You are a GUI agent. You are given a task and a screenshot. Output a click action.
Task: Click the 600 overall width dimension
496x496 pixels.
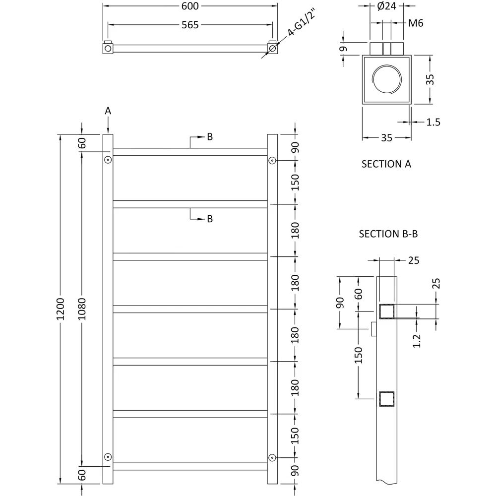coord(190,6)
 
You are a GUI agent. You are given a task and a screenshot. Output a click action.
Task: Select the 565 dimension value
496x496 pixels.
coord(190,25)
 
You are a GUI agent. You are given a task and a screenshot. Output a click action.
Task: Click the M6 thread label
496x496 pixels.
coord(415,23)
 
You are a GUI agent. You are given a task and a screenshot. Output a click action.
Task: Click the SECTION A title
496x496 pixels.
coord(386,164)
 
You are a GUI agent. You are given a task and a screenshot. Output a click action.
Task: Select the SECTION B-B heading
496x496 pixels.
coord(388,234)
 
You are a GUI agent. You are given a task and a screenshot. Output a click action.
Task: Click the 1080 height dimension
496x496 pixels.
coord(82,309)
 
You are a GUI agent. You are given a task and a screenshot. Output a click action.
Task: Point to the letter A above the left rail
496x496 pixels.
coord(108,112)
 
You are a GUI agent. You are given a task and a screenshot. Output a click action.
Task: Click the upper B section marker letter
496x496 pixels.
coord(209,137)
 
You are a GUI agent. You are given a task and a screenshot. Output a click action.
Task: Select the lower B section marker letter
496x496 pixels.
coord(209,219)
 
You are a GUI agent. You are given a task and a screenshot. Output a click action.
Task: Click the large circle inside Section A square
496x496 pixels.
coord(387,80)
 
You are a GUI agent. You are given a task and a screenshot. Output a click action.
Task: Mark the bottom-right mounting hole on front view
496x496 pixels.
coord(272,457)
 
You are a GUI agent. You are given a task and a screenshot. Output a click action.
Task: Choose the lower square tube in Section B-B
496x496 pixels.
coord(386,399)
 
